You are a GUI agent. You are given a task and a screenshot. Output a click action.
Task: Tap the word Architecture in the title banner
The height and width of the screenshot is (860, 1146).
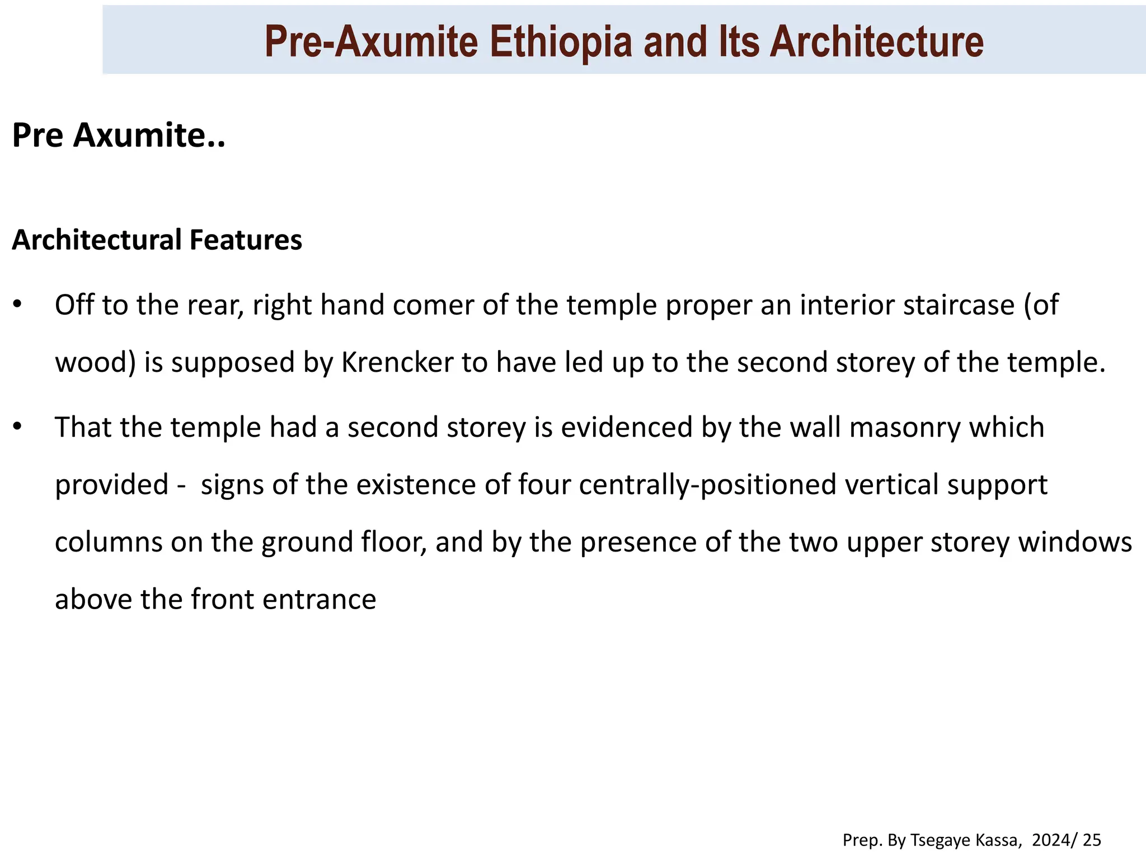pos(876,42)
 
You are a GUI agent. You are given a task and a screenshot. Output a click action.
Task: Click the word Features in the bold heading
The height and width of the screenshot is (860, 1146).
pos(246,240)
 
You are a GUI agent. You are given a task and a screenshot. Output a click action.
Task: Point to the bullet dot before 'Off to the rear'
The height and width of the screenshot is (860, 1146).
pos(17,305)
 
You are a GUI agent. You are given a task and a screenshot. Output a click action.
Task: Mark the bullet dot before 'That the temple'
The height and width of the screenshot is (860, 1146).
pos(17,427)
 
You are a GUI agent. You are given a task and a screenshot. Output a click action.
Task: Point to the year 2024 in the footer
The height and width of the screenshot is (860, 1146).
pos(1050,840)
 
